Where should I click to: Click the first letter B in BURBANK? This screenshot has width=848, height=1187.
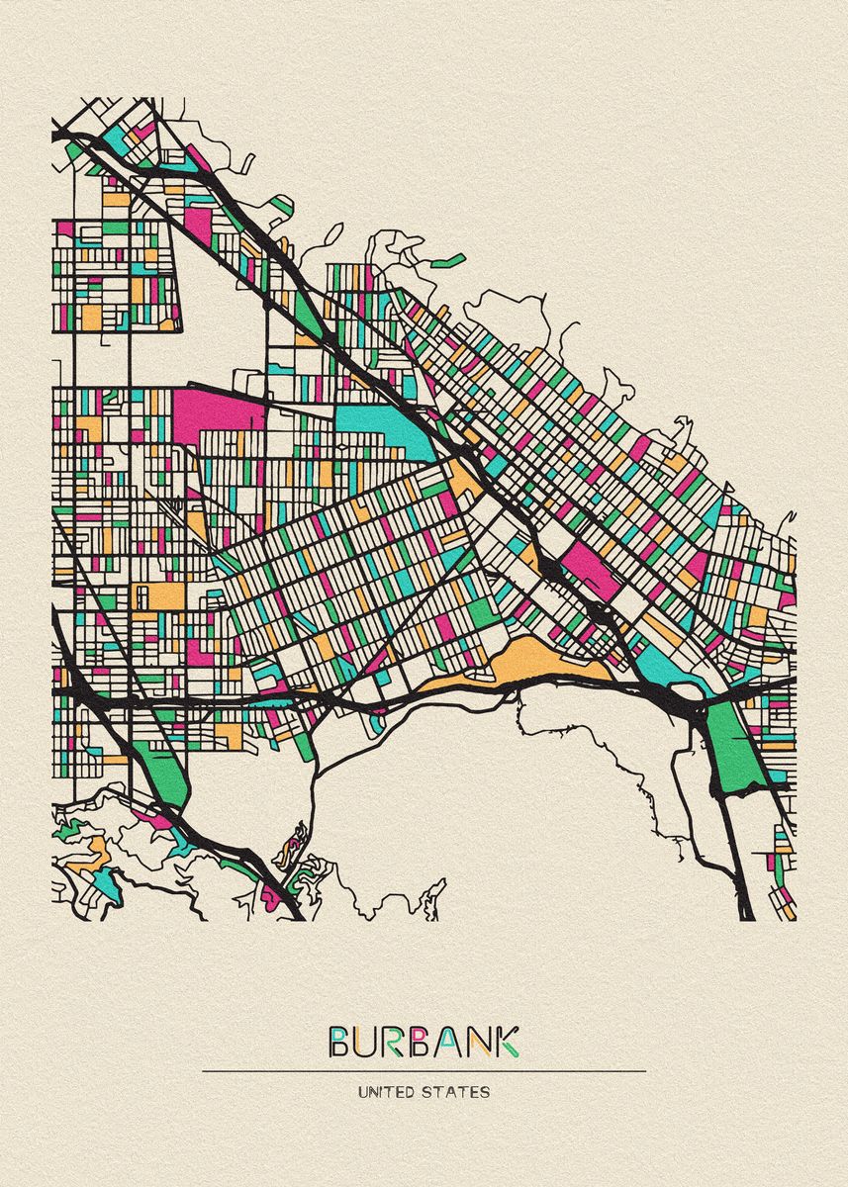click(339, 1042)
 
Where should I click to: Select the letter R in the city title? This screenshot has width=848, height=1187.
click(394, 1042)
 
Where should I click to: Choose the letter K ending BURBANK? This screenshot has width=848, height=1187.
click(506, 1042)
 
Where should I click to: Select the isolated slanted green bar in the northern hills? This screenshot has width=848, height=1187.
click(449, 261)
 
